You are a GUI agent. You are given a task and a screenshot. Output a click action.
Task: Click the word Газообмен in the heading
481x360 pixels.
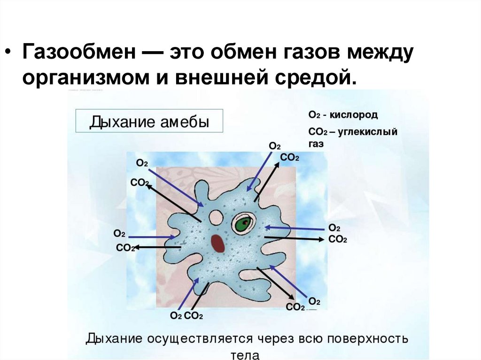[x=77, y=53]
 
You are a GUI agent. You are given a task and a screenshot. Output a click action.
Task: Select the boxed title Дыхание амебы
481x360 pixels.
[x=149, y=122]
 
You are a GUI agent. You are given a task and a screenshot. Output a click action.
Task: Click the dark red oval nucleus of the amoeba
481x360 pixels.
[x=217, y=243]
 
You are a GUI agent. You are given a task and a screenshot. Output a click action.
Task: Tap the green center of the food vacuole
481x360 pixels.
[x=243, y=224]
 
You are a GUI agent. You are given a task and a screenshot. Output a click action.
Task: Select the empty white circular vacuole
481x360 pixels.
[x=216, y=217]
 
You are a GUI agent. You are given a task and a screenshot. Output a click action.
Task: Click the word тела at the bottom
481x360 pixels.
[x=247, y=354]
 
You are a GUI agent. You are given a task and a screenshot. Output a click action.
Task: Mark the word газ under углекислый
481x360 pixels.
[x=316, y=145]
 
